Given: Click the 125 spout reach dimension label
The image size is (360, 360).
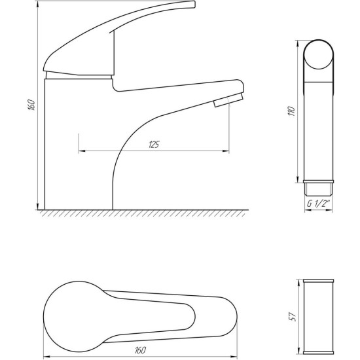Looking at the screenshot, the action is (x=154, y=145).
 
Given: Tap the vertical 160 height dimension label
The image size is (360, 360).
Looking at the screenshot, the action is (x=31, y=105).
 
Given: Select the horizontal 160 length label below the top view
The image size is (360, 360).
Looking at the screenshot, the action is (x=140, y=350).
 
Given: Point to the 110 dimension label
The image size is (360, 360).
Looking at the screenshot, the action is (x=291, y=111).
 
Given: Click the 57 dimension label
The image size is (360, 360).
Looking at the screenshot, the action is (x=293, y=317).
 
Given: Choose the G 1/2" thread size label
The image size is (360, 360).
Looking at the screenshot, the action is (x=319, y=204).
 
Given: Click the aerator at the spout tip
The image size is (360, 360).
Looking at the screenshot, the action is (x=228, y=100).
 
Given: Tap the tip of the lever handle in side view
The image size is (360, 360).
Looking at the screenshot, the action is (x=194, y=4).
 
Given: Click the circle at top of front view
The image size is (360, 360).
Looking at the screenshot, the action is (x=318, y=54).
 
